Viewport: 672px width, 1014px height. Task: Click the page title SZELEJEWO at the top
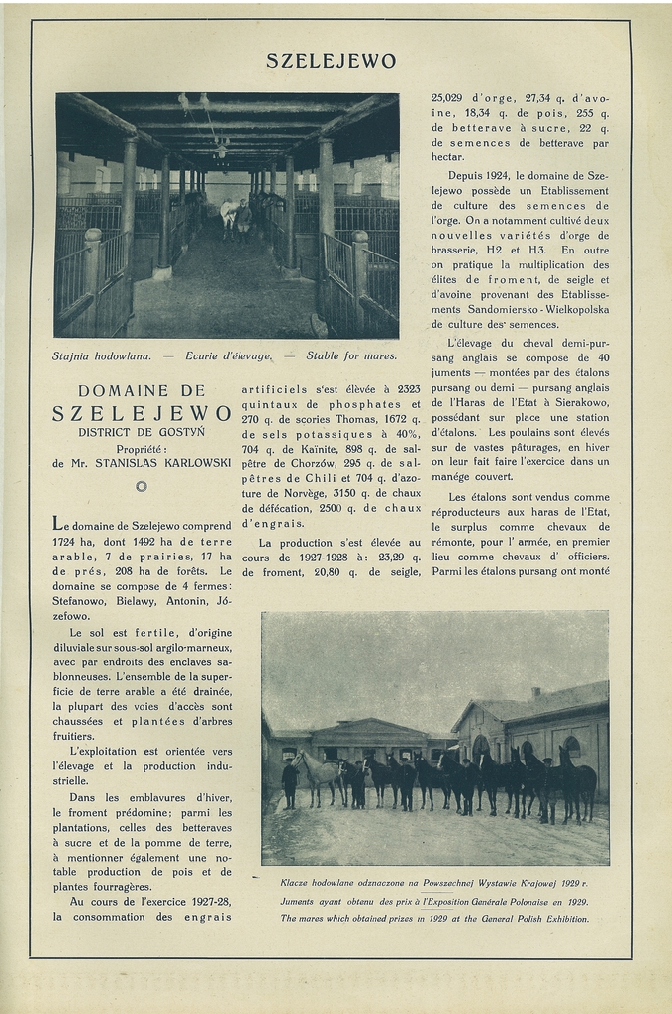tap(331, 61)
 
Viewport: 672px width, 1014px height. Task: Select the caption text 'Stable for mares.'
tap(351, 355)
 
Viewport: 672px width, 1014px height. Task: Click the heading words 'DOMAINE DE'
tap(142, 391)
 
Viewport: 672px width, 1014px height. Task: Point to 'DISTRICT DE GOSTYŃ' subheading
tap(142, 432)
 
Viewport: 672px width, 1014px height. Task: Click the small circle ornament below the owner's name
tap(141, 486)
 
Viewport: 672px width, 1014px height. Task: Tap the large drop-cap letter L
tap(59, 524)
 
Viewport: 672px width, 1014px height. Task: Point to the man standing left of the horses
tap(289, 783)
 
